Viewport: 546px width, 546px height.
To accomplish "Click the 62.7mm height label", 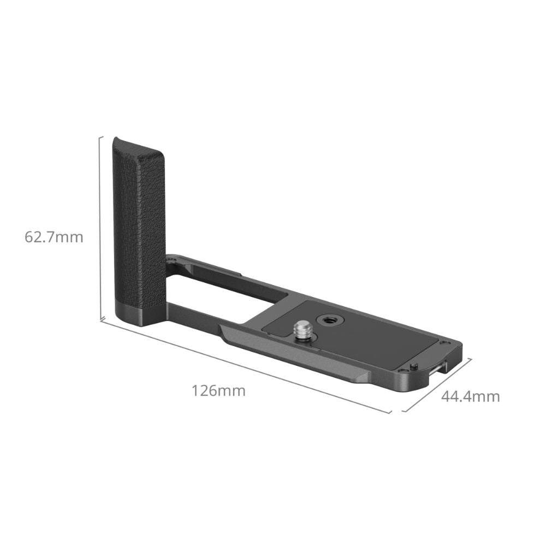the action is [54, 237].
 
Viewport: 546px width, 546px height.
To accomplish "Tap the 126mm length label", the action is [219, 391].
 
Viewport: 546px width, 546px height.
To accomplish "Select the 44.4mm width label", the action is [471, 396].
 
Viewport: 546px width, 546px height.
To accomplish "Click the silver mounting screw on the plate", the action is [301, 331].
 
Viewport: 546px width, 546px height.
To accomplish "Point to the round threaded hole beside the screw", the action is [328, 319].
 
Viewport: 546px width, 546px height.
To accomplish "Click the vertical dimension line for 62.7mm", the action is [101, 228].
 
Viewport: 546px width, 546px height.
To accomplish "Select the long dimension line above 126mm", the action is [246, 367].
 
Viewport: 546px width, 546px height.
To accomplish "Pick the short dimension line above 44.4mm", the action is [437, 385].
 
